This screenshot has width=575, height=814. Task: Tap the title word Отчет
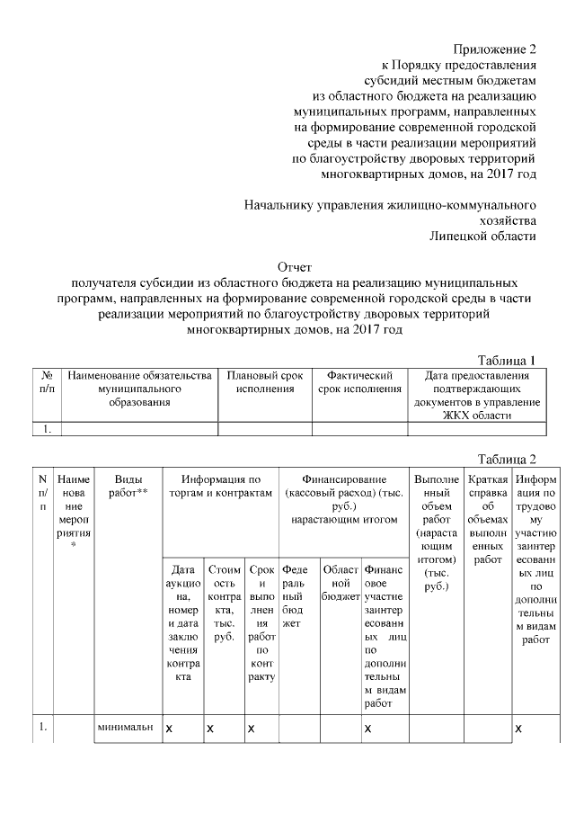click(294, 267)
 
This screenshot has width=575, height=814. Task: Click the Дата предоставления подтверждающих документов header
click(476, 395)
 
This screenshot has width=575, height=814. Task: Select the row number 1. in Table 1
click(46, 429)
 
